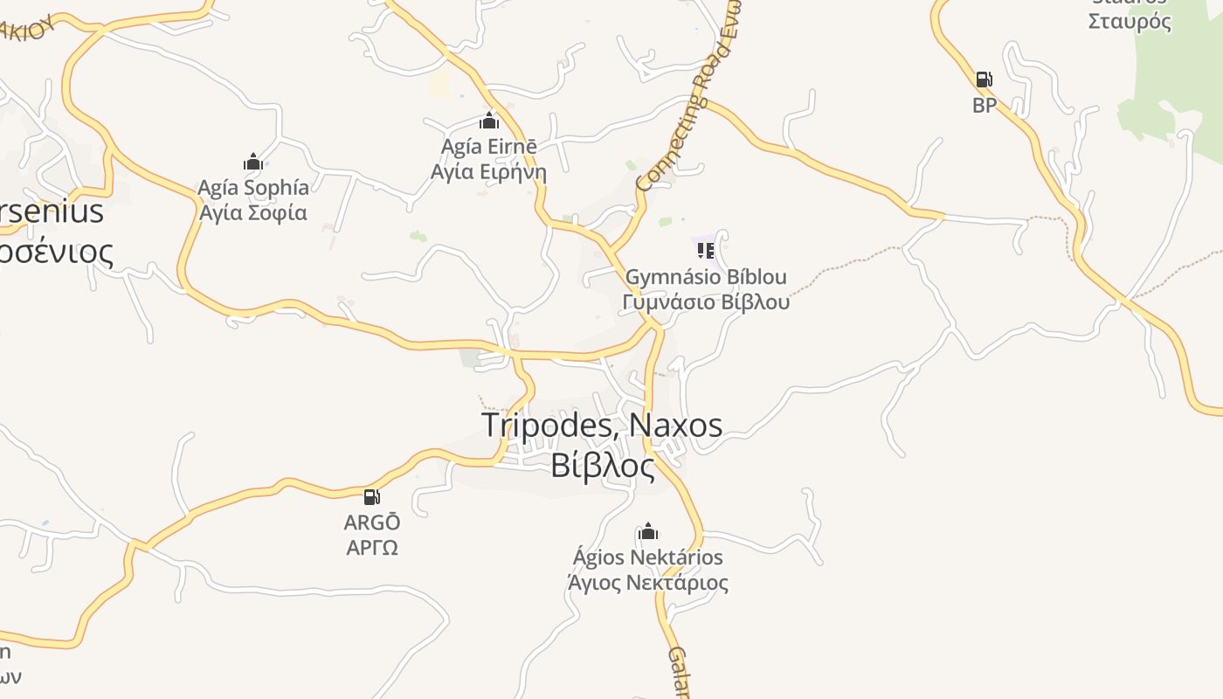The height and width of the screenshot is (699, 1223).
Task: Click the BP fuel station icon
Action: (984, 80)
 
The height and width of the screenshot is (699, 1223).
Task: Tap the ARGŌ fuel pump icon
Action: (372, 497)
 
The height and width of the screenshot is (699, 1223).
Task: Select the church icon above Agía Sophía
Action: (253, 162)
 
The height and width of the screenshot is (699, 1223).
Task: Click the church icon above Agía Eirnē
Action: (489, 121)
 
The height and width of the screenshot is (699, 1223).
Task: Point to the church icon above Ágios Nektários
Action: (648, 531)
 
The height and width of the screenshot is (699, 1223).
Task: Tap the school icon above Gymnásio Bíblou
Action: (705, 251)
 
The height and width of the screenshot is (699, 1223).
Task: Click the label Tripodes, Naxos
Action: (602, 426)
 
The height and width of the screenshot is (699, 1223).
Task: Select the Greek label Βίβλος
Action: (602, 466)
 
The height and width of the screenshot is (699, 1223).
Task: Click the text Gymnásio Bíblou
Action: (706, 277)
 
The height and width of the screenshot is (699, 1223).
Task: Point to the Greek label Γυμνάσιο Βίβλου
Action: (706, 302)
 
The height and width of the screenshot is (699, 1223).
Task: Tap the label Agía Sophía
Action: (253, 187)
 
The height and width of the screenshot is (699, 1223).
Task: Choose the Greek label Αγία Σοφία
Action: (253, 212)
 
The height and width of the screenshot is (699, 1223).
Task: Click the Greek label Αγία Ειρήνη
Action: (488, 171)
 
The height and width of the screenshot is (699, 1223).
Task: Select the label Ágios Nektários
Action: (648, 557)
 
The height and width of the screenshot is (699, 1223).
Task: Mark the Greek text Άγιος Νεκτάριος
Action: (648, 582)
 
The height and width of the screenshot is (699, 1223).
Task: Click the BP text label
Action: (985, 105)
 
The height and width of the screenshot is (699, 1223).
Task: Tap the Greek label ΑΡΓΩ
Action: (372, 548)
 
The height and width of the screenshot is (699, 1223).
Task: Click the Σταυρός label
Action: (1130, 21)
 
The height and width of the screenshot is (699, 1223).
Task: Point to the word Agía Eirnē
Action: (488, 146)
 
